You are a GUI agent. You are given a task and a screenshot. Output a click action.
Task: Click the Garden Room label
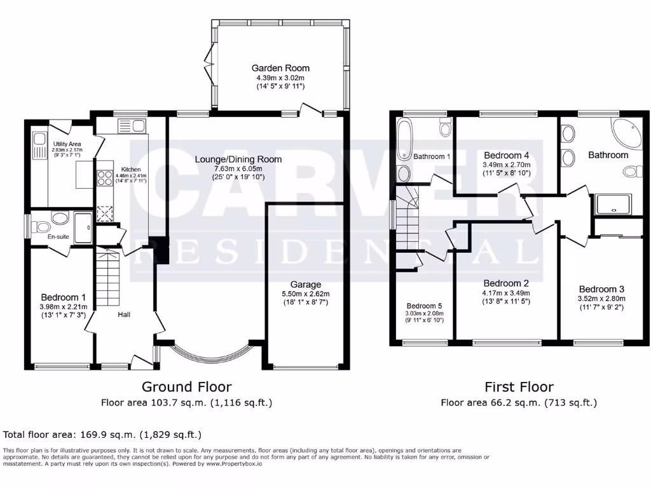click(280, 68)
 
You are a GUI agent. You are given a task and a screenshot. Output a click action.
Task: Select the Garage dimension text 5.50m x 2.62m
click(306, 294)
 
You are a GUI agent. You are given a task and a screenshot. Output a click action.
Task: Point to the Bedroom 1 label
click(63, 297)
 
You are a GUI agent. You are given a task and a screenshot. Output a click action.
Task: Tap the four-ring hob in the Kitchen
click(104, 179)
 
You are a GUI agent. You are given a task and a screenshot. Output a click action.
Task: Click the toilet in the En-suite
click(42, 226)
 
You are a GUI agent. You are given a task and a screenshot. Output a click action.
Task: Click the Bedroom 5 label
click(424, 305)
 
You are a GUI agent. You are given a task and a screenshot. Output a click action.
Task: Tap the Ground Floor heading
click(186, 386)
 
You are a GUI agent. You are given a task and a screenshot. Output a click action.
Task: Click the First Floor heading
click(519, 386)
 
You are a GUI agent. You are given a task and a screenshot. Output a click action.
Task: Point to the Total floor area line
click(102, 435)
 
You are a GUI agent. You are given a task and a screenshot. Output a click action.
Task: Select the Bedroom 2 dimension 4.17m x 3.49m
click(506, 293)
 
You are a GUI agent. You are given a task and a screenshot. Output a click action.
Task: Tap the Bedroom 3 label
click(601, 289)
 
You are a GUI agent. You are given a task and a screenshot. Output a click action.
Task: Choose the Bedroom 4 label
click(506, 155)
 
